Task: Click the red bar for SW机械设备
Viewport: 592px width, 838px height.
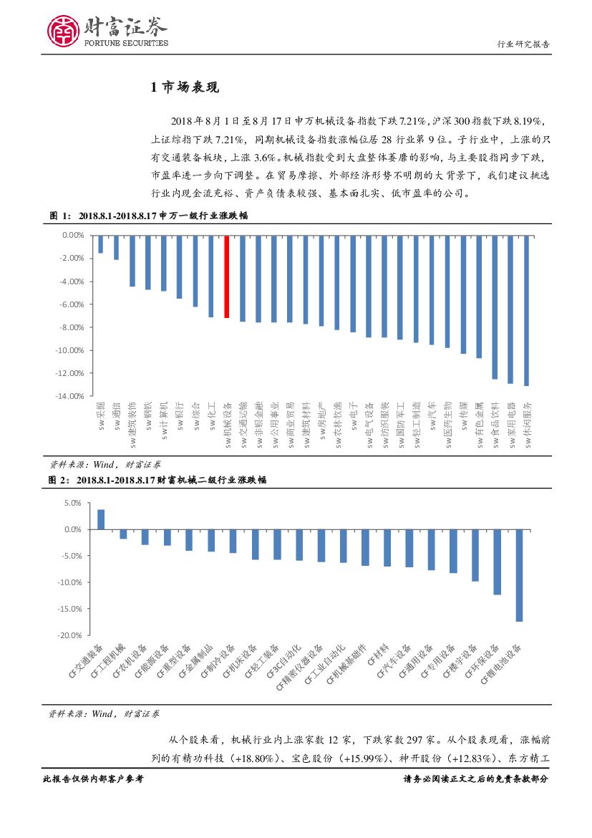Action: [227, 276]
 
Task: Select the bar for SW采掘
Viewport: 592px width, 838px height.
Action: [100, 244]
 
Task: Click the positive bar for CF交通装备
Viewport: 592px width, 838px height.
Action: [101, 519]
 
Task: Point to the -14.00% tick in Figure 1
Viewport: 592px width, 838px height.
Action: [69, 396]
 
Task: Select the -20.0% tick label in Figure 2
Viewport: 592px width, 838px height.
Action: [69, 635]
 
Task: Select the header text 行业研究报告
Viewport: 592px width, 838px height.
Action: [523, 44]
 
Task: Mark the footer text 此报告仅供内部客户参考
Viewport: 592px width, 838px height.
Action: [94, 779]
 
